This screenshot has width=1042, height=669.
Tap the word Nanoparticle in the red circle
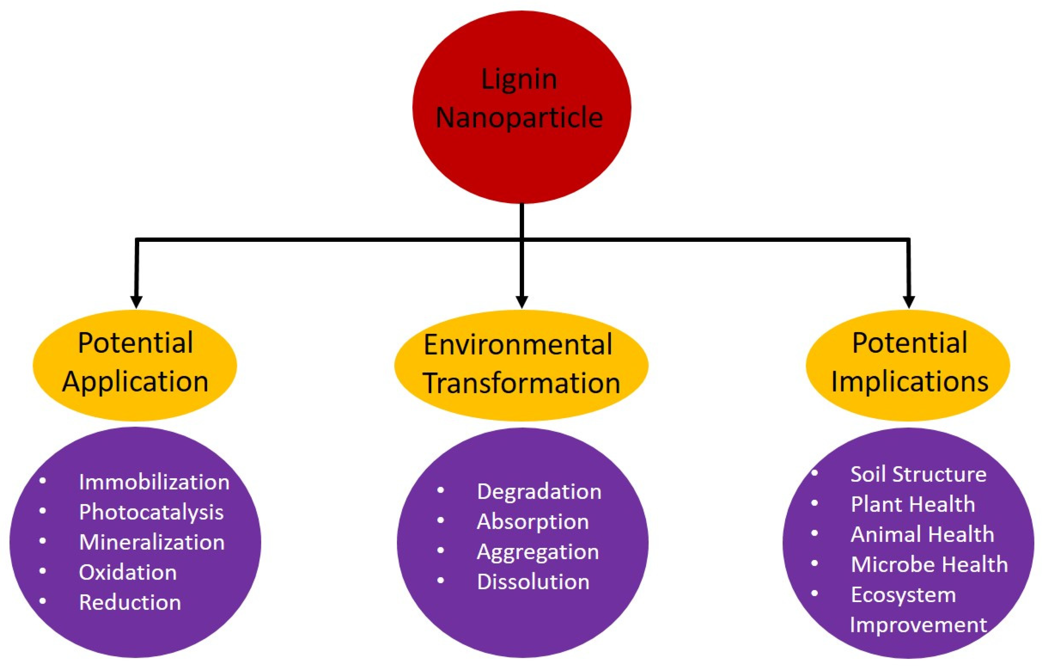pos(519,118)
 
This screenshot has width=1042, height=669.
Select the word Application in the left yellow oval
pos(135,382)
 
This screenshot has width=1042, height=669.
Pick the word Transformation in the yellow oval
pos(521,383)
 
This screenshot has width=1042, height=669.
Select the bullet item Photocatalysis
pos(151,513)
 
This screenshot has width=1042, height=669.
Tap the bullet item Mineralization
pos(152,543)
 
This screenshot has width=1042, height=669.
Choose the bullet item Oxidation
pos(128,572)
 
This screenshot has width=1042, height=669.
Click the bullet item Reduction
pos(130,602)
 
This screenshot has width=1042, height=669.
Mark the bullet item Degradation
pos(539,492)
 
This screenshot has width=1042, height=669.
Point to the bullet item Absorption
pos(533,522)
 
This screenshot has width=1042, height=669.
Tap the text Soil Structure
pos(918,474)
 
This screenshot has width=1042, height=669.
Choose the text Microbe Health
pos(929,565)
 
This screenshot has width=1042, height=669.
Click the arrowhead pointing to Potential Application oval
pos(136,301)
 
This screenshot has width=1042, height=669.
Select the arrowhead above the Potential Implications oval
pos(909,301)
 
